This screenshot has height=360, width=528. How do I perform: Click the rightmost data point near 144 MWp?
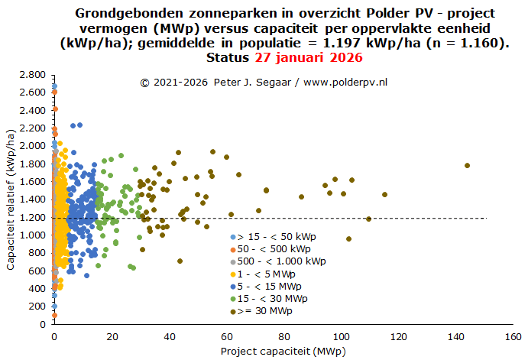click(467, 166)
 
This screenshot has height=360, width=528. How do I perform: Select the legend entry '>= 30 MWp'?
click(266, 310)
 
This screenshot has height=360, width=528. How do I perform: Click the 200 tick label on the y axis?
click(36, 306)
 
